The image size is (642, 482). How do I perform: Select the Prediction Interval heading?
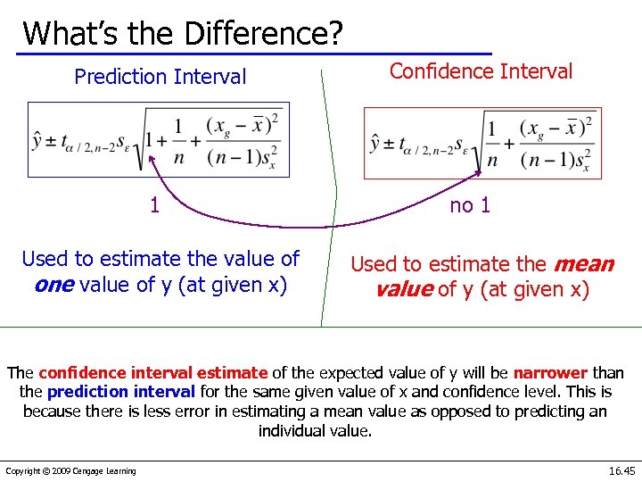pyautogui.click(x=160, y=77)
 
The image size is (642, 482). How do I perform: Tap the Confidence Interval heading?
pyautogui.click(x=481, y=71)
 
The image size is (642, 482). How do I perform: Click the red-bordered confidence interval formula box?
pyautogui.click(x=482, y=143)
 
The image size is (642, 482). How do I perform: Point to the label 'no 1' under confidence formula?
pyautogui.click(x=470, y=205)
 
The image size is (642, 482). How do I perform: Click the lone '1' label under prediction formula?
pyautogui.click(x=155, y=205)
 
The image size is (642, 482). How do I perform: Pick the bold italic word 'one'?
pyautogui.click(x=55, y=284)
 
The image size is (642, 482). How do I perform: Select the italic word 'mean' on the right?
pyautogui.click(x=584, y=264)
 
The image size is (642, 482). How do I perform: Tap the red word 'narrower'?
pyautogui.click(x=550, y=372)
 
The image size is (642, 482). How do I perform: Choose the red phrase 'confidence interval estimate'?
pyautogui.click(x=153, y=372)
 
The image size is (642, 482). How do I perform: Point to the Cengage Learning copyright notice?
pyautogui.click(x=71, y=471)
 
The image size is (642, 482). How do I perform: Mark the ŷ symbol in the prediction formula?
pyautogui.click(x=39, y=140)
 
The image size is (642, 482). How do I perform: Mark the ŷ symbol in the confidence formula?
pyautogui.click(x=378, y=143)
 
